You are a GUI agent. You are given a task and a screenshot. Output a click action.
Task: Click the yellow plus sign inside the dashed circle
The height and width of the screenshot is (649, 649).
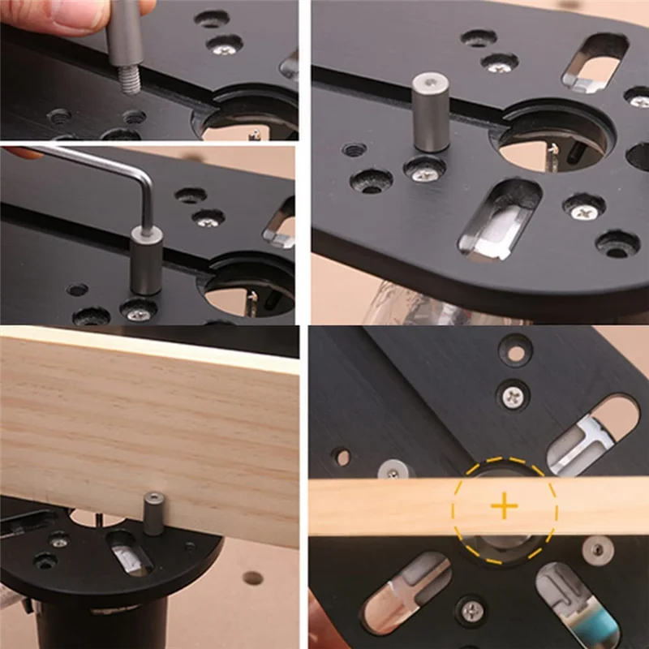pos(504,508)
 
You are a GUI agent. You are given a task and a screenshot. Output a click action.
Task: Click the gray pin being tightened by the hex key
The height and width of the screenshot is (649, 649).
pos(147,261)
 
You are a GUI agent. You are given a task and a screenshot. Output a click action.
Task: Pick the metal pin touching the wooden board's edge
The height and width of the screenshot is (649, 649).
pos(153,514)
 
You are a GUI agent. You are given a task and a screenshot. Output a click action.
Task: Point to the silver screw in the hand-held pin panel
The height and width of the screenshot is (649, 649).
pos(224,49)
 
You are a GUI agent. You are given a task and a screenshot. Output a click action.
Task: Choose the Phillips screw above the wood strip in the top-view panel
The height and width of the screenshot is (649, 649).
pos(513,396)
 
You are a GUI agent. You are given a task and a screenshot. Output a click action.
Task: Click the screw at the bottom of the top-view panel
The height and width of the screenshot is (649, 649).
pos(471,608)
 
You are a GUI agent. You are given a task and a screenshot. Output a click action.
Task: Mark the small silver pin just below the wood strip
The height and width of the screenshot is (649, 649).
pos(598,548)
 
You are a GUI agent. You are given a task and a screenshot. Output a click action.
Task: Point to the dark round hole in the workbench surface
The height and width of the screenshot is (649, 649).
pos(253,578)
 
